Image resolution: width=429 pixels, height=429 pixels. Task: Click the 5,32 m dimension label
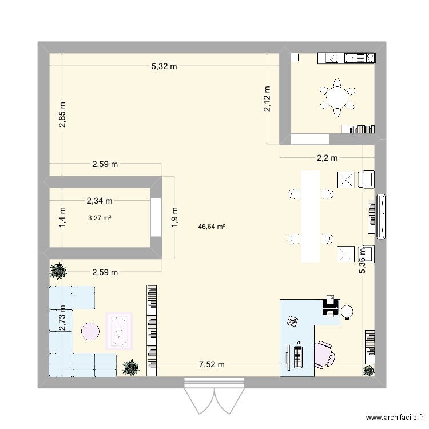(164, 67)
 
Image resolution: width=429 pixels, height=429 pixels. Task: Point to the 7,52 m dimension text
(212, 364)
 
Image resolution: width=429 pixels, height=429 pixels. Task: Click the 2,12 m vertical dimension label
(267, 102)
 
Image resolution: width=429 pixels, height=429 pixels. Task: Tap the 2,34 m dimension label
(99, 201)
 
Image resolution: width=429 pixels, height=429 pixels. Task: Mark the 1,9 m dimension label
(175, 217)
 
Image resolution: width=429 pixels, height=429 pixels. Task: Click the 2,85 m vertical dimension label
(62, 114)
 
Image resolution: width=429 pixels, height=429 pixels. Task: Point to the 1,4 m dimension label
(62, 217)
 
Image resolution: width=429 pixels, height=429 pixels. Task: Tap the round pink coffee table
(90, 331)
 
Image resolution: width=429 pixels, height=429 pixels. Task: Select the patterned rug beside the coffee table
(119, 331)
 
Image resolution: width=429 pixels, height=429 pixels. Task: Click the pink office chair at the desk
(324, 352)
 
